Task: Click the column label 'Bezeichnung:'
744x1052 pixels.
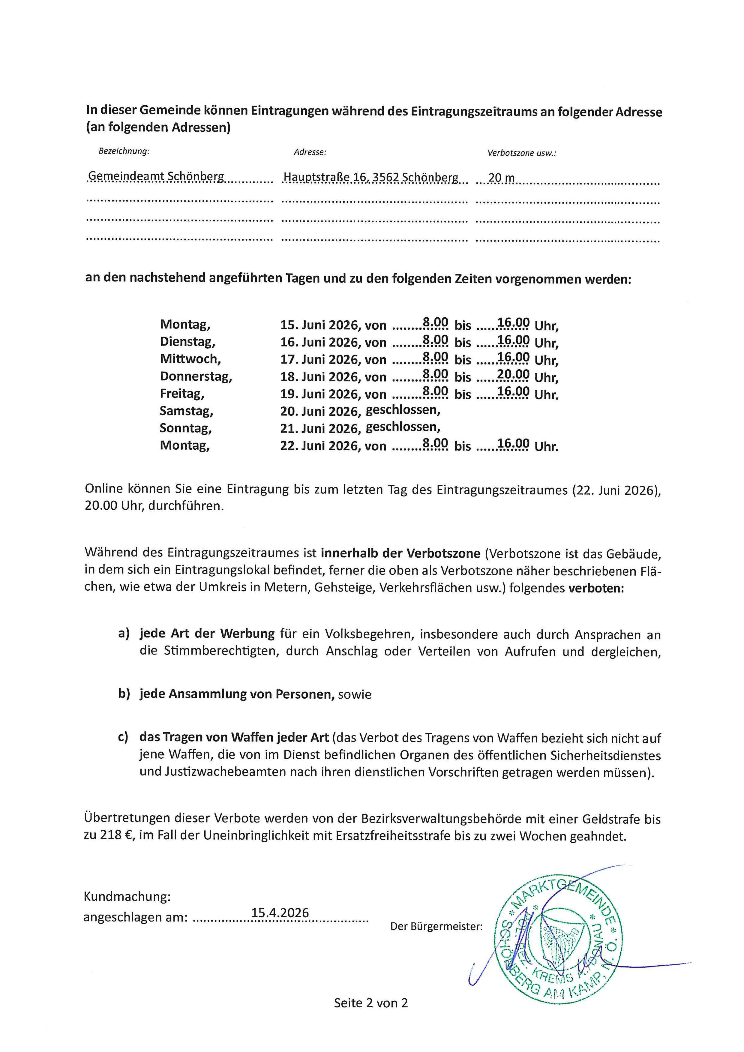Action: coord(124,151)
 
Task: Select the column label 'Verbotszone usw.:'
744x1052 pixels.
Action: coord(521,153)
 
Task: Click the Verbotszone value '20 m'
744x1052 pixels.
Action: coord(501,178)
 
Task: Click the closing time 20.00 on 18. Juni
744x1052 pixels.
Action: coord(513,375)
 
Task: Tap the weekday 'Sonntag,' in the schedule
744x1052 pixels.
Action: coord(185,428)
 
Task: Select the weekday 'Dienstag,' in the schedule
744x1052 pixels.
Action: coord(187,342)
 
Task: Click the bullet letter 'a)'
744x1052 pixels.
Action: coord(124,633)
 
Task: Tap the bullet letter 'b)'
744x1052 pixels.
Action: coord(124,694)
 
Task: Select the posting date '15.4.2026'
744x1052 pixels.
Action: coord(280,913)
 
